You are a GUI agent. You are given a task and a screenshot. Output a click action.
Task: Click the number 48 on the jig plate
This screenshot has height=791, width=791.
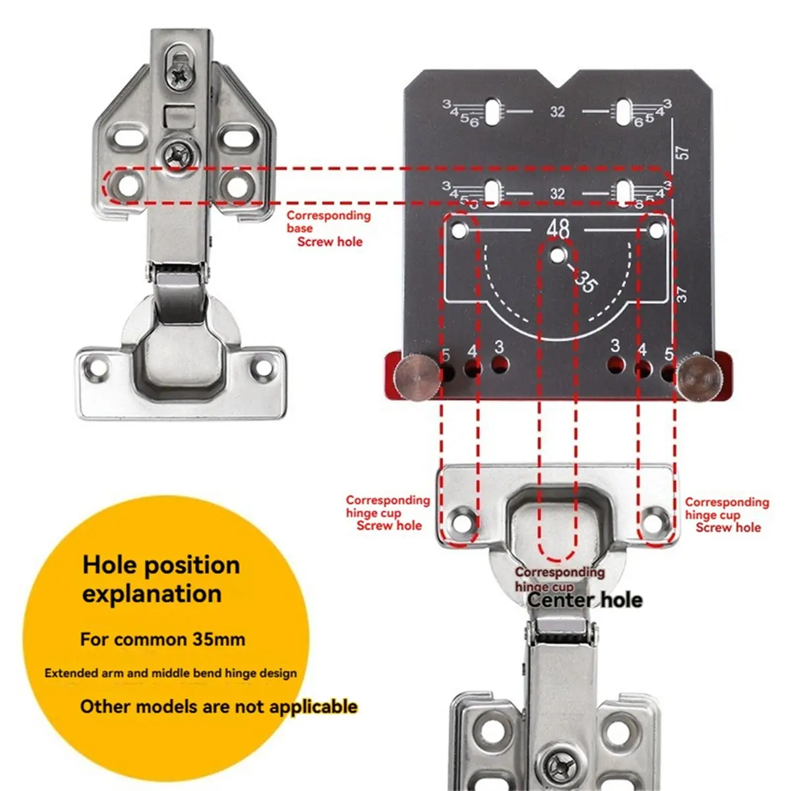[x=558, y=228]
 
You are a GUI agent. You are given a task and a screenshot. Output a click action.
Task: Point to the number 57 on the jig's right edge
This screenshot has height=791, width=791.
[x=684, y=152]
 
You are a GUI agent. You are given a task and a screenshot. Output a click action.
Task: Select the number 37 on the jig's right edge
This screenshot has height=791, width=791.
[x=682, y=294]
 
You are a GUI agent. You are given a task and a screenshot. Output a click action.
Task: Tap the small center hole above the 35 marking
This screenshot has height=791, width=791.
[x=558, y=253]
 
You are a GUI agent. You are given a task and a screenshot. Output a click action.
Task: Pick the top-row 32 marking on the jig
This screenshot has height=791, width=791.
[x=558, y=111]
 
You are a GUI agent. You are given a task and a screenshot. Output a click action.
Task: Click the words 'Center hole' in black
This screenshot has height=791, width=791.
[x=585, y=600]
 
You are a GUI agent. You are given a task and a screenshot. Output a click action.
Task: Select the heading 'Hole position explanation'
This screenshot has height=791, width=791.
[x=160, y=579]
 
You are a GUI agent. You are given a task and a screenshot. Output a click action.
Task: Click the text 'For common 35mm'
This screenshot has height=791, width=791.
[x=163, y=639]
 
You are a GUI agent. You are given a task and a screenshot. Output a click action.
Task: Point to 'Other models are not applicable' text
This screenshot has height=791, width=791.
[x=219, y=707]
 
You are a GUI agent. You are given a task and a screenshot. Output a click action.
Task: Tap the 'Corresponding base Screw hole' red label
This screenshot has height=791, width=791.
[x=328, y=229]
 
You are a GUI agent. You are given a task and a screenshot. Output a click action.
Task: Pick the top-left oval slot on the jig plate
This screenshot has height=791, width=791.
[x=492, y=111]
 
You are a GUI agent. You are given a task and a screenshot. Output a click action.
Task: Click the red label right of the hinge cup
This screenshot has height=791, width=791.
[x=726, y=515]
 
